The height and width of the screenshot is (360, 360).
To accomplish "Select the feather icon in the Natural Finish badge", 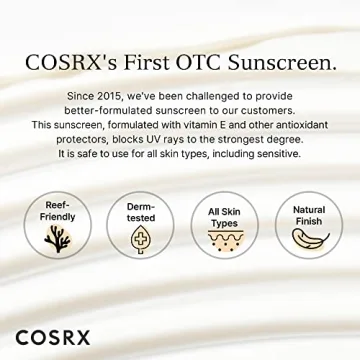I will click(x=307, y=241).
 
